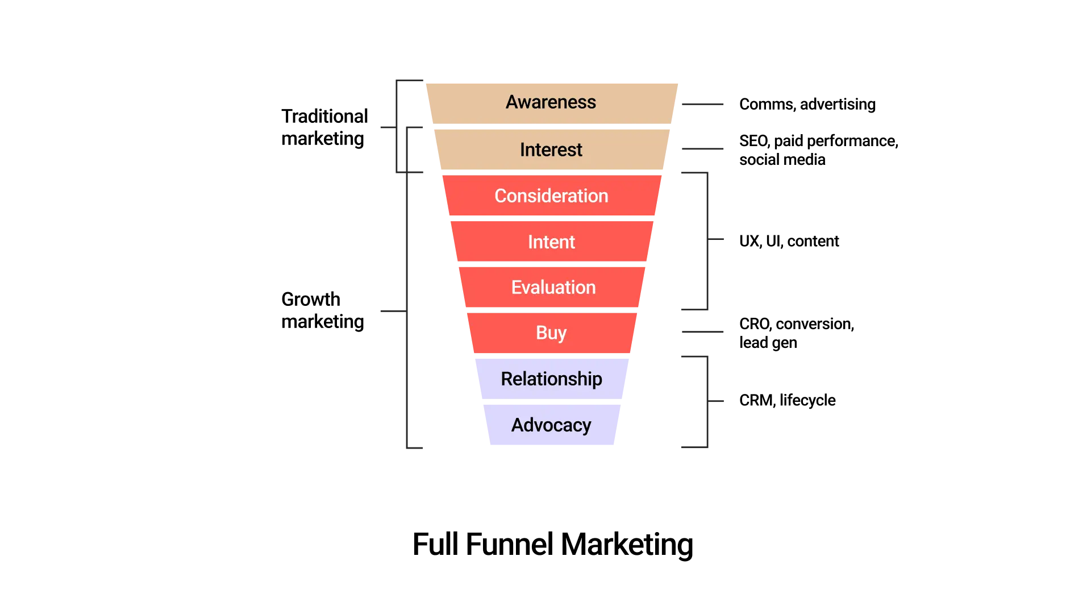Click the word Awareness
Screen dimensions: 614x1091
[x=551, y=102]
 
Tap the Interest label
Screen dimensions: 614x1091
[x=551, y=150]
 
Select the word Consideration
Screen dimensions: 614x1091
[x=551, y=196]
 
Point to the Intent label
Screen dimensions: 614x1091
[x=551, y=242]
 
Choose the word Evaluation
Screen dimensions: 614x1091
[x=553, y=288]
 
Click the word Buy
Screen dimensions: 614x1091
[x=551, y=333]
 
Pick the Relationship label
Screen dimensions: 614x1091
[x=551, y=379]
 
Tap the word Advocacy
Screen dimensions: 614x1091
[x=551, y=425]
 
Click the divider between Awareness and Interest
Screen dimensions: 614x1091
[x=551, y=126]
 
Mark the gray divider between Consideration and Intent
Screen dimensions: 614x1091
[x=551, y=218]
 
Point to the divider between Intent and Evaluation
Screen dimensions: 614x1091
[x=551, y=264]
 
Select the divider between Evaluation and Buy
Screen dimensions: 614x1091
[x=551, y=310]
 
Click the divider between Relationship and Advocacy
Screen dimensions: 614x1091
[x=551, y=401]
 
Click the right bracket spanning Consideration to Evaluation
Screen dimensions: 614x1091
[x=706, y=239]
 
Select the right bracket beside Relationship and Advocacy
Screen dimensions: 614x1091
[x=706, y=403]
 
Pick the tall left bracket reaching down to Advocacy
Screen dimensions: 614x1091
[x=407, y=312]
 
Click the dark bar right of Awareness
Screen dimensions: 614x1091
[x=704, y=105]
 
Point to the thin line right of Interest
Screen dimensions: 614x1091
[x=704, y=148]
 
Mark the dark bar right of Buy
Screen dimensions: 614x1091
[x=704, y=332]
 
